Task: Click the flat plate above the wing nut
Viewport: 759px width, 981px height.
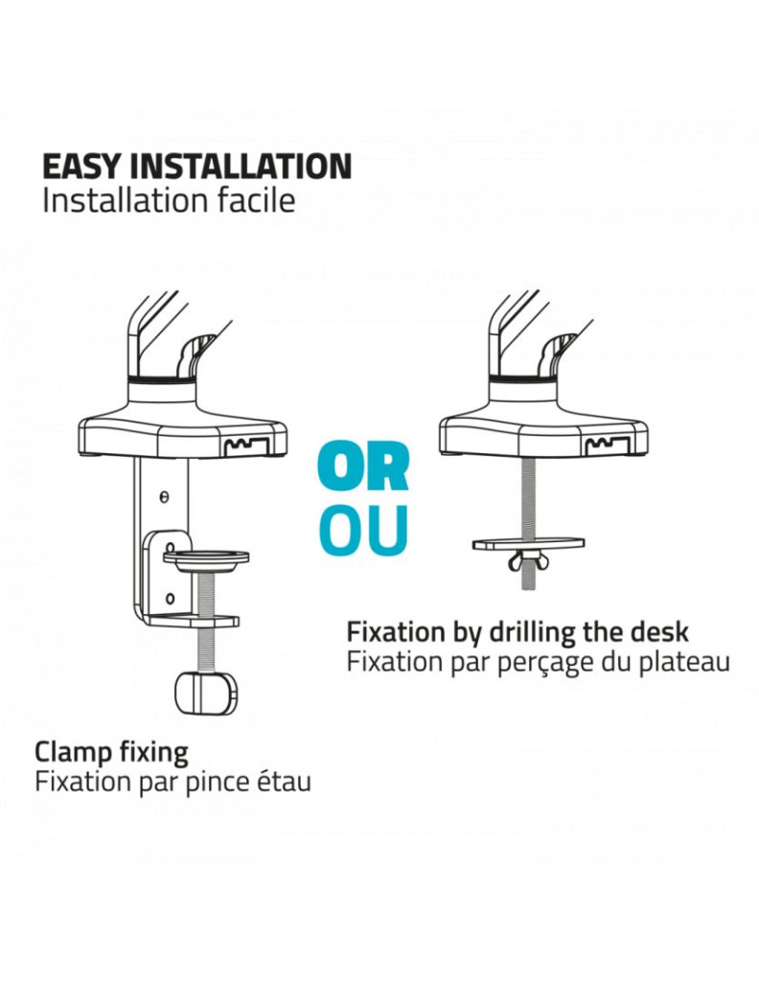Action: point(529,543)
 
